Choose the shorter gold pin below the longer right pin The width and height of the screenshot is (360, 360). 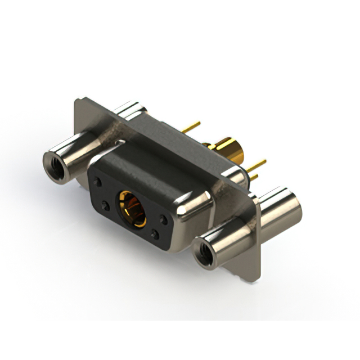point(254,177)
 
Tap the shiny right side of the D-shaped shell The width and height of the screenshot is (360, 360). point(194,219)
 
